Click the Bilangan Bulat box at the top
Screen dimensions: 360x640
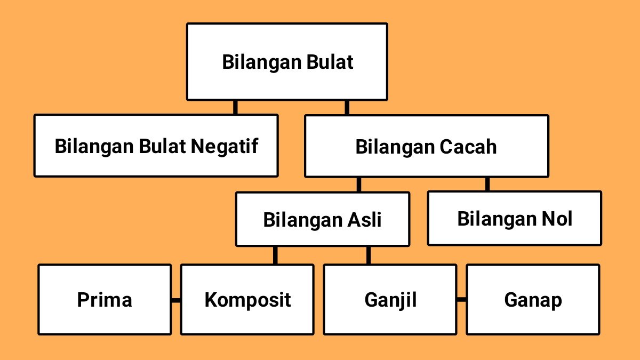click(287, 62)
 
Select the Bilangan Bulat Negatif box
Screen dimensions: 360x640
click(156, 146)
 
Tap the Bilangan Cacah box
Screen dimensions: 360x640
click(426, 146)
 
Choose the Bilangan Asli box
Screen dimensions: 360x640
click(322, 219)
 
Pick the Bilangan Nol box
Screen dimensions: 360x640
click(514, 219)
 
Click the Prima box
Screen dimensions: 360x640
click(105, 300)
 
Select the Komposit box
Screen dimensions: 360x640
click(247, 300)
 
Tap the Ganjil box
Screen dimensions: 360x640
click(390, 300)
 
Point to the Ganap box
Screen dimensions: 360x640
click(533, 300)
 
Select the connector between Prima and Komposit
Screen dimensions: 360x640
click(176, 300)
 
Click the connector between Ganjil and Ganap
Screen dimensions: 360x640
click(461, 300)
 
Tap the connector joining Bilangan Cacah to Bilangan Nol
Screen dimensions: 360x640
click(487, 185)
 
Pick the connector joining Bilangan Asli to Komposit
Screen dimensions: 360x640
click(275, 255)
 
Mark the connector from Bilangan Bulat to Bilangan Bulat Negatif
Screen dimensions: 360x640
click(235, 107)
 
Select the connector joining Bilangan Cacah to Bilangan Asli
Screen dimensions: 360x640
click(358, 185)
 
